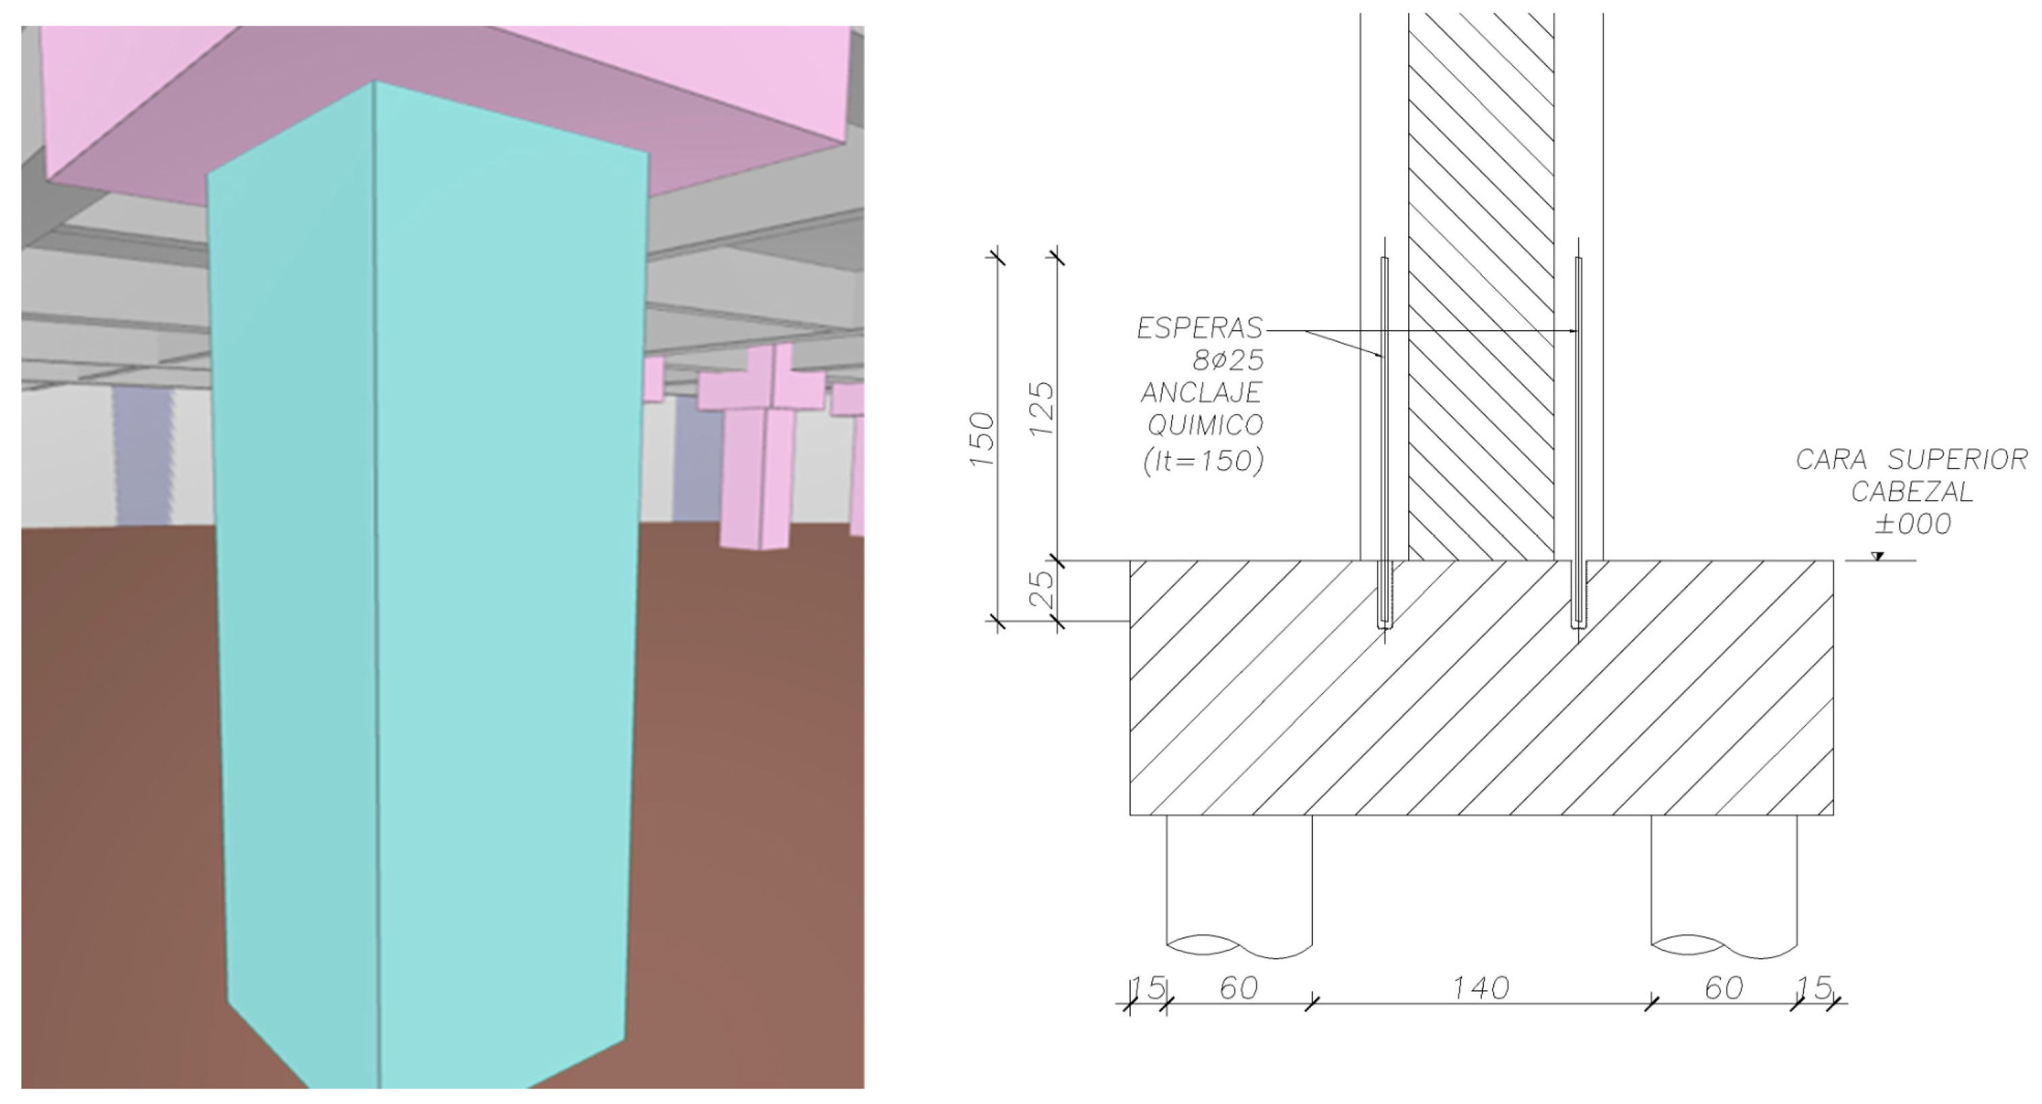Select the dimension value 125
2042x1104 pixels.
click(x=1043, y=408)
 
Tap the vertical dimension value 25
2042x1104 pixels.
click(x=1045, y=590)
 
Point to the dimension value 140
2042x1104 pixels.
click(x=1480, y=988)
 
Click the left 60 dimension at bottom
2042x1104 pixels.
click(x=1238, y=988)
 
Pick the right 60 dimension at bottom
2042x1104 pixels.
click(x=1723, y=988)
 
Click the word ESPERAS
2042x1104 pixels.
click(x=1199, y=329)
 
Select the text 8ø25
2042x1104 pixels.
click(x=1228, y=361)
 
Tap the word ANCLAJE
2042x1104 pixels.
click(x=1201, y=393)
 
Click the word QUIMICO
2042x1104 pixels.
click(x=1205, y=426)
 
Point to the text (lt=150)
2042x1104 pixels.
click(x=1203, y=461)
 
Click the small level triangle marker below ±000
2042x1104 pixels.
click(x=1876, y=557)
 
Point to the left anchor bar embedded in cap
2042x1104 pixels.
click(x=1384, y=595)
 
